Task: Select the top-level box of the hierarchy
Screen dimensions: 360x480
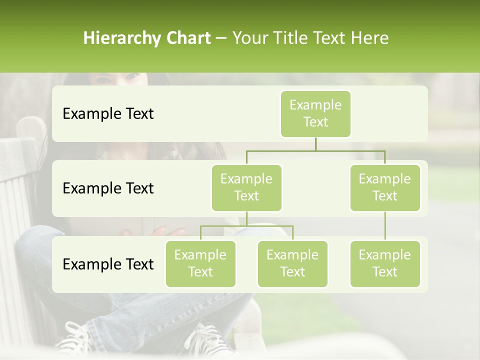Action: coord(315,113)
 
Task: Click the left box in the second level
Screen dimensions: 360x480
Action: coord(246,187)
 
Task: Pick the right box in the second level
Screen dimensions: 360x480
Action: coord(385,187)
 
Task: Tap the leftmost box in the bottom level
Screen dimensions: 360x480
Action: coord(200,263)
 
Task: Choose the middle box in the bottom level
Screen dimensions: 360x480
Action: coord(292,263)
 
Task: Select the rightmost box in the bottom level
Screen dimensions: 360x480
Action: coord(385,263)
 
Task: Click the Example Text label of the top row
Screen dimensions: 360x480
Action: coord(108,114)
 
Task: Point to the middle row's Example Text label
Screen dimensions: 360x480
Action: coord(108,188)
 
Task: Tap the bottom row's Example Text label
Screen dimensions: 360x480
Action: coord(108,264)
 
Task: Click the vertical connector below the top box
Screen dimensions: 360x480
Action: coord(315,144)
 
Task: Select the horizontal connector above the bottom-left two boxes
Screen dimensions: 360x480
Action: coord(246,226)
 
